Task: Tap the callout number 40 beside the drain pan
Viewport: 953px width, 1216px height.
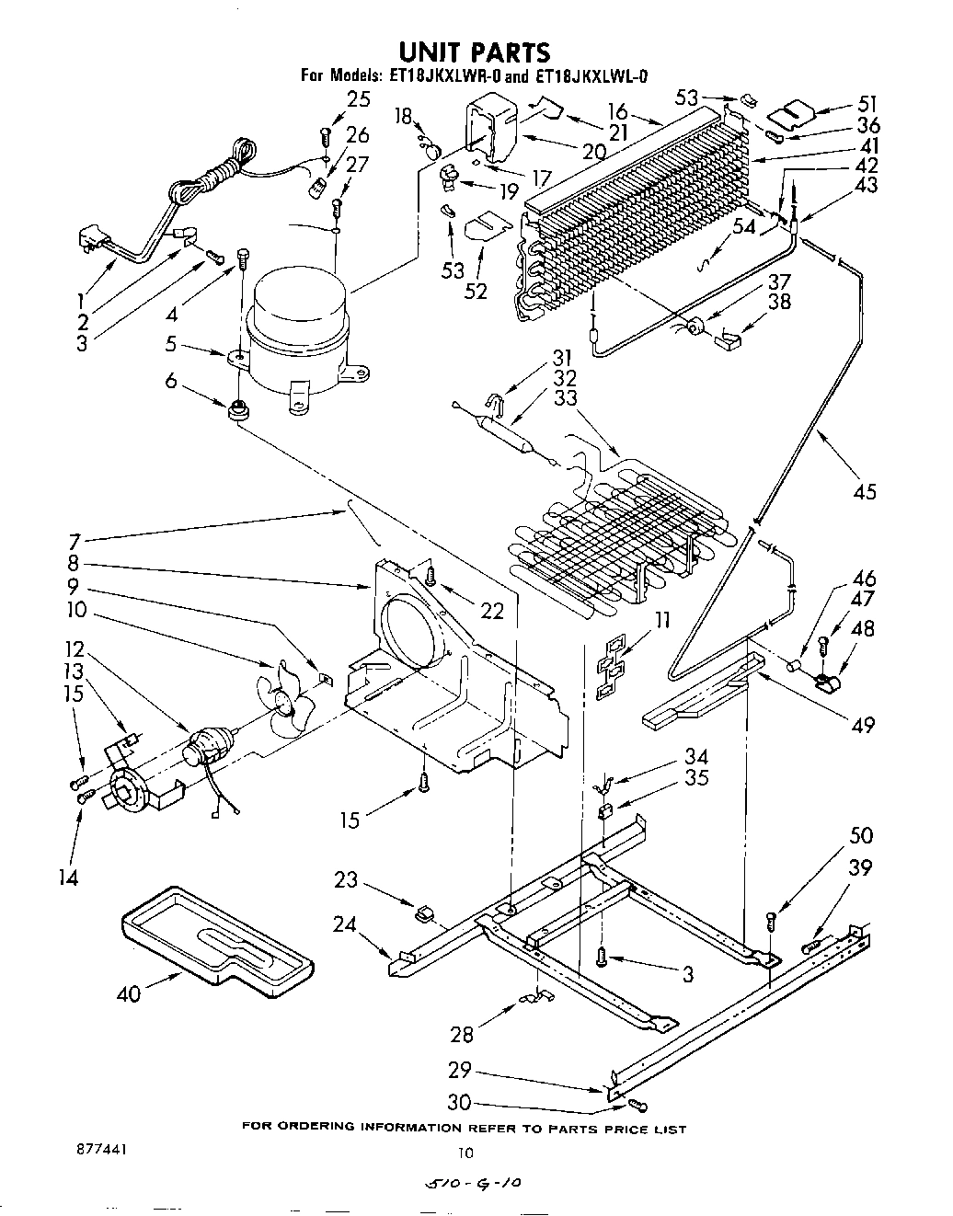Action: pyautogui.click(x=130, y=993)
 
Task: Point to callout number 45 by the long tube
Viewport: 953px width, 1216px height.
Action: pyautogui.click(x=864, y=491)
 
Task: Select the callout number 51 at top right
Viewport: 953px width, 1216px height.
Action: pyautogui.click(x=867, y=104)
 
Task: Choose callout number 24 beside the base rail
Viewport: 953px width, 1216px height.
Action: pyautogui.click(x=346, y=924)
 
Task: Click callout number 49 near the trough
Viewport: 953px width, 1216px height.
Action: pyautogui.click(x=863, y=726)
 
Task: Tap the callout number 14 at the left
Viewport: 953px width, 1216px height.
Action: pyautogui.click(x=68, y=878)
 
